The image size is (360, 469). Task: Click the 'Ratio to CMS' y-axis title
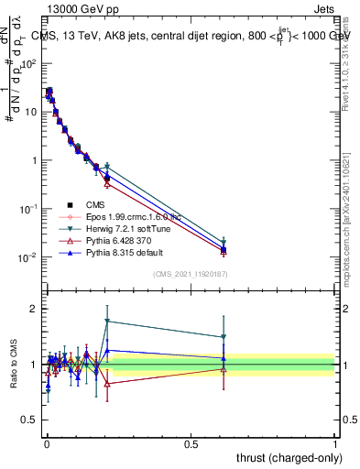[x=15, y=376]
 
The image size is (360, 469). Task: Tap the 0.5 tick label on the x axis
[x=191, y=442]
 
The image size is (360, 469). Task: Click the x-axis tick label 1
[x=334, y=442]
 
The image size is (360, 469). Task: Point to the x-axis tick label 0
[x=46, y=442]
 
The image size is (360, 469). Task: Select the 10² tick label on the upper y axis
[x=29, y=64]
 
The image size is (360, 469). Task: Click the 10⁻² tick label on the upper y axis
[x=28, y=257]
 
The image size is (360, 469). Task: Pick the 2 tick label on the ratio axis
[x=35, y=309]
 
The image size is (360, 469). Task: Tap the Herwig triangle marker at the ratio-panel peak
[x=108, y=322]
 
